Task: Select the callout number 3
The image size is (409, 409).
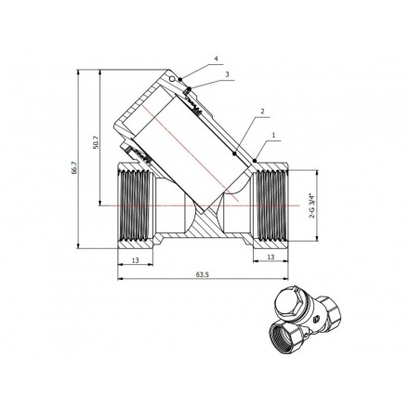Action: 227,73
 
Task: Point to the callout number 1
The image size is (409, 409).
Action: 275,136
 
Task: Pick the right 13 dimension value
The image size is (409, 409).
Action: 271,257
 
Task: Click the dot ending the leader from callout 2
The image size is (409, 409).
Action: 232,152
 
